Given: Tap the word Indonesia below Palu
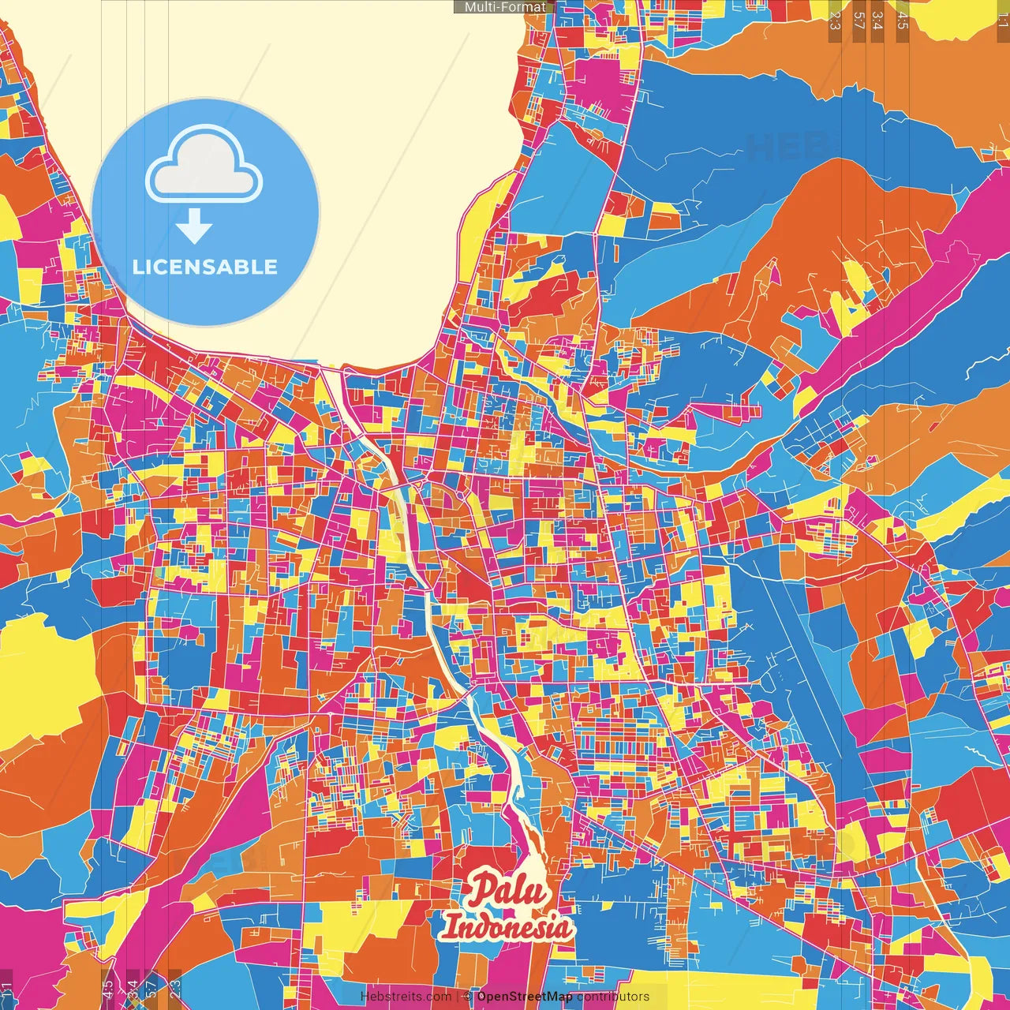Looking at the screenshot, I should pyautogui.click(x=507, y=926).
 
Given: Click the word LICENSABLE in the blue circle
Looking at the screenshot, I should pyautogui.click(x=205, y=267).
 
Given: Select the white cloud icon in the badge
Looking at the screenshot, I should pyautogui.click(x=204, y=166).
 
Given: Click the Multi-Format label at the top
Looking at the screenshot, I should pyautogui.click(x=505, y=7).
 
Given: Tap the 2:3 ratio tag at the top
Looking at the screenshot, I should pyautogui.click(x=835, y=21).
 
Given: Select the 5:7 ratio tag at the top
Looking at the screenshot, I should pyautogui.click(x=858, y=21).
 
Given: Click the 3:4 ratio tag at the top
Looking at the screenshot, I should pyautogui.click(x=877, y=21).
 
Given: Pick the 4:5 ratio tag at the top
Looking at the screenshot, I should pyautogui.click(x=902, y=21).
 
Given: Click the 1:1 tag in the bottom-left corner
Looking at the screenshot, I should pyautogui.click(x=7, y=989).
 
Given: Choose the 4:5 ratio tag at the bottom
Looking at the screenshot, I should pyautogui.click(x=108, y=989).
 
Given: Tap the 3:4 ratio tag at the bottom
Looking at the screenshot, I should pyautogui.click(x=133, y=989).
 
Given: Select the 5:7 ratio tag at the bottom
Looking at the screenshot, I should pyautogui.click(x=151, y=989).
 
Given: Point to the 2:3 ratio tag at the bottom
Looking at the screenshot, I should pyautogui.click(x=175, y=989).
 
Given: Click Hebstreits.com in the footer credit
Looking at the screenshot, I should pyautogui.click(x=406, y=997).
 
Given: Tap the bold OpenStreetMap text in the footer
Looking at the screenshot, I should pyautogui.click(x=525, y=997).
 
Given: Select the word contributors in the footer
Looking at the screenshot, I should pyautogui.click(x=613, y=997).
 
